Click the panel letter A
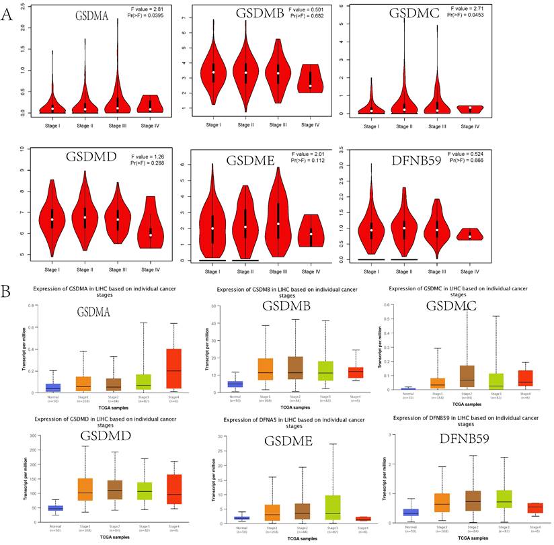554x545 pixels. coord(7,14)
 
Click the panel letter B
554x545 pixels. coord(7,275)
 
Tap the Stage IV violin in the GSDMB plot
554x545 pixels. coord(310,79)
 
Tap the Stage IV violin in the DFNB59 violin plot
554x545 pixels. coord(498,234)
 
